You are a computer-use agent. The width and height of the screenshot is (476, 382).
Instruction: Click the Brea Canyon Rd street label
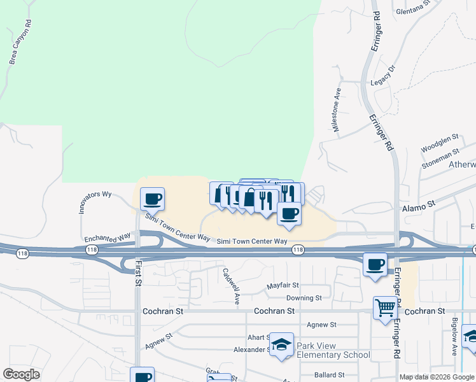click(20, 45)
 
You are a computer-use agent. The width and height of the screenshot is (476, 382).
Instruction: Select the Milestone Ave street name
click(337, 110)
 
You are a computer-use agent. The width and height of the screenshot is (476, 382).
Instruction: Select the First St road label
click(137, 275)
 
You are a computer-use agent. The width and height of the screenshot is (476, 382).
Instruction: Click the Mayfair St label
click(283, 286)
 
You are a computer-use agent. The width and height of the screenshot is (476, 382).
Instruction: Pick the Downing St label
click(304, 298)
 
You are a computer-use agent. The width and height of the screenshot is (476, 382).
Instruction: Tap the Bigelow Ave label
click(454, 337)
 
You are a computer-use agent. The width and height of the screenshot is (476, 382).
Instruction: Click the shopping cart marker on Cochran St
click(386, 309)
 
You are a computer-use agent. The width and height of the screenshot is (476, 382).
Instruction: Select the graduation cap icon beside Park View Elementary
click(281, 344)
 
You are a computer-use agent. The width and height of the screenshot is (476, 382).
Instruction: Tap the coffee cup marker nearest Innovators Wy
click(153, 199)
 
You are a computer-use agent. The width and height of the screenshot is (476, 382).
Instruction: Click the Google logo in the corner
click(22, 374)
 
